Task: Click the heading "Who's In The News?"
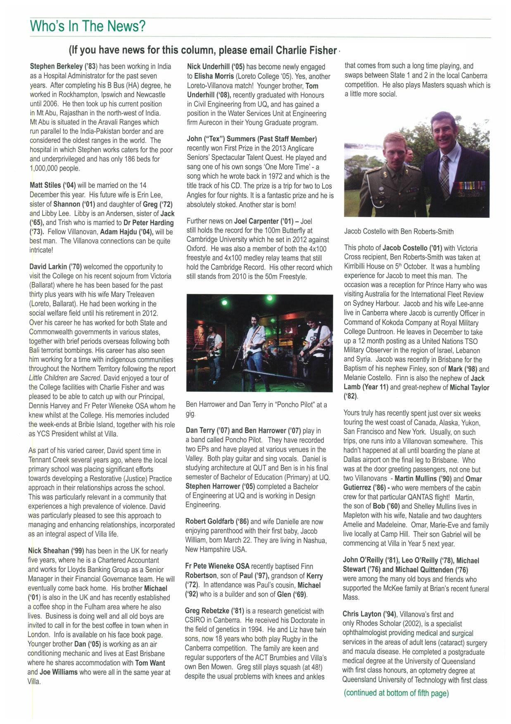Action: (88, 26)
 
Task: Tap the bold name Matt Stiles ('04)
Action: (53, 185)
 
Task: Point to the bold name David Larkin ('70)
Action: (55, 267)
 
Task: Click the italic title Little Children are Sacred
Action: (65, 378)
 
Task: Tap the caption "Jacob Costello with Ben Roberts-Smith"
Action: (399, 232)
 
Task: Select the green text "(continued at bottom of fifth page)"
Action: (396, 693)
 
